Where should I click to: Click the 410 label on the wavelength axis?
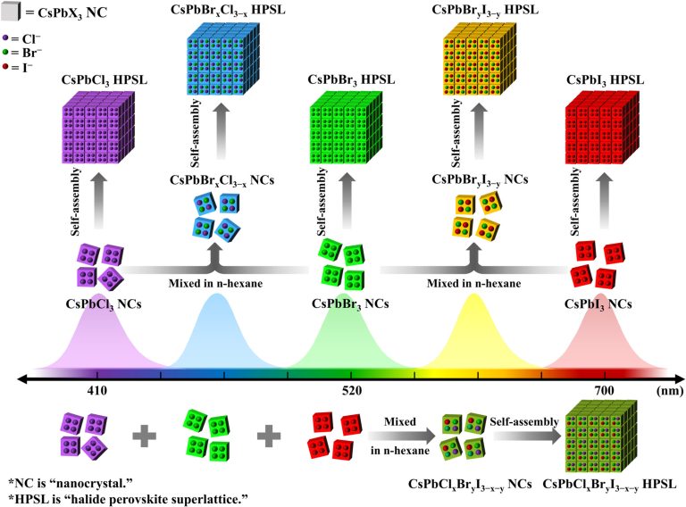pos(97,390)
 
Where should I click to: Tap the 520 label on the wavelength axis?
pos(352,390)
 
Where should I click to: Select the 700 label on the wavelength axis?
pos(604,390)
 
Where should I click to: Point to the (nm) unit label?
pos(669,390)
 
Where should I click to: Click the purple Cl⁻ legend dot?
pos(5,38)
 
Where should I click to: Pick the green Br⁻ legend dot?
pos(5,53)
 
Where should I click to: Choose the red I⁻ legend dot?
pos(5,66)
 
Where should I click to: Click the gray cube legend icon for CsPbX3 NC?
pos(11,11)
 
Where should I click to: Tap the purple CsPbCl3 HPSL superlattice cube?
pos(99,128)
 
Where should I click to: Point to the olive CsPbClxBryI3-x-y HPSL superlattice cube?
pos(601,436)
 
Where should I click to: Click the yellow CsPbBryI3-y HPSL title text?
pos(485,11)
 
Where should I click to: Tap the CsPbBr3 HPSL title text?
pos(351,80)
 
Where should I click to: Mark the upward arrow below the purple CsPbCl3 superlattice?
pos(99,200)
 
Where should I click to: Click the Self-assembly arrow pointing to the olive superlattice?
pos(528,436)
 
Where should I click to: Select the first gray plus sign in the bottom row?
pos(145,436)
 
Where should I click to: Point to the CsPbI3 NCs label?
pos(598,304)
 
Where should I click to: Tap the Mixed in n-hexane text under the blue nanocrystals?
pos(215,283)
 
